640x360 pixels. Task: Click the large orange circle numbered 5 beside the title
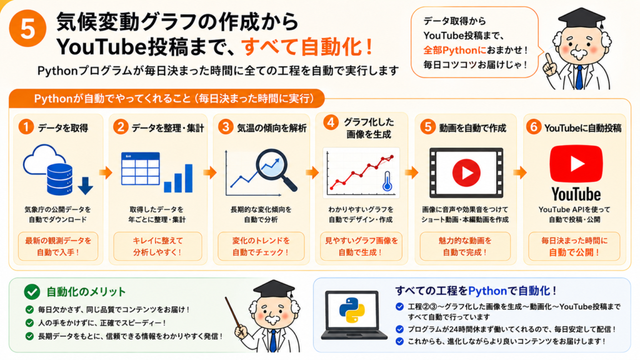coord(27,29)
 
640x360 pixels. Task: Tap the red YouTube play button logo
coord(576,164)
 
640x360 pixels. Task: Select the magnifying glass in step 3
coord(275,169)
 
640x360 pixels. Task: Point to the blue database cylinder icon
coord(59,179)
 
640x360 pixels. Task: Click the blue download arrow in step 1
coord(85,186)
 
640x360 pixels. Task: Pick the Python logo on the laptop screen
coord(352,310)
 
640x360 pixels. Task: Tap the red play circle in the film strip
coord(466,172)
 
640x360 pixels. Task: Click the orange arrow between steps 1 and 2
coord(105,172)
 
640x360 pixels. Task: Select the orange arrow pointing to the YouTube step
coord(519,172)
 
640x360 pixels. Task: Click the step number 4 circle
coord(331,122)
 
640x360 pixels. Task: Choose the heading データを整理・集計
coord(167,128)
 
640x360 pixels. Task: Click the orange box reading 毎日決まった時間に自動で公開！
coord(574,246)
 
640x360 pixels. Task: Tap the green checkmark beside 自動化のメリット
coord(32,292)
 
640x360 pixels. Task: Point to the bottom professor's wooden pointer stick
coord(237,315)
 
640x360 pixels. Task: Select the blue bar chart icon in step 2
coord(178,178)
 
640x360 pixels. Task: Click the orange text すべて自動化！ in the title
coord(306,47)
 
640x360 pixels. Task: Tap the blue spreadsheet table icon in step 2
coord(141,169)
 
